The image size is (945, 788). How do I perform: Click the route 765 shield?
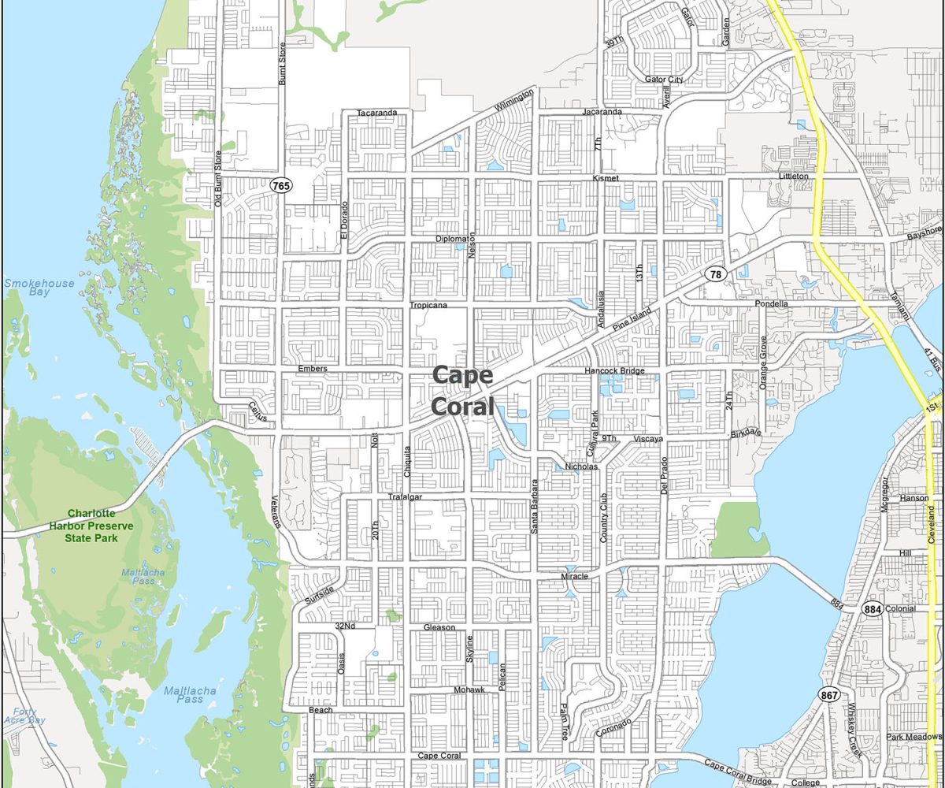coord(280,185)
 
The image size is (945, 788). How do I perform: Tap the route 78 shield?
coord(714,274)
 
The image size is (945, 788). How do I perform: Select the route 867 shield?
coord(828,695)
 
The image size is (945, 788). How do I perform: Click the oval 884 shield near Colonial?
coord(872,609)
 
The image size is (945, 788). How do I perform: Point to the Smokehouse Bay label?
coord(39,288)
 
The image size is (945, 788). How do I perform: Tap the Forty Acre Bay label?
coord(24,716)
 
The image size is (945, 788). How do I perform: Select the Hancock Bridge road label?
coord(614,370)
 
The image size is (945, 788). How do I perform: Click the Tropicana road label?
coord(428,305)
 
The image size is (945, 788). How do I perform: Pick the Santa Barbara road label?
coord(534,507)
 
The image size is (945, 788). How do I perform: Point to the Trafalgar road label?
coord(406,496)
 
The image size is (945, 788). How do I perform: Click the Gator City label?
coord(664,80)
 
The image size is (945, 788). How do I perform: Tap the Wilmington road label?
coord(513,100)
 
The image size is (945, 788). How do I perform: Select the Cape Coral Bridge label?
coord(737,771)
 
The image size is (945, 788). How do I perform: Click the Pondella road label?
coord(771,303)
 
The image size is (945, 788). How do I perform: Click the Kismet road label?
coord(606,179)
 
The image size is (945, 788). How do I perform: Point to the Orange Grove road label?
coord(762,362)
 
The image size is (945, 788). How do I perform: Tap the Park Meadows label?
coord(913,737)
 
